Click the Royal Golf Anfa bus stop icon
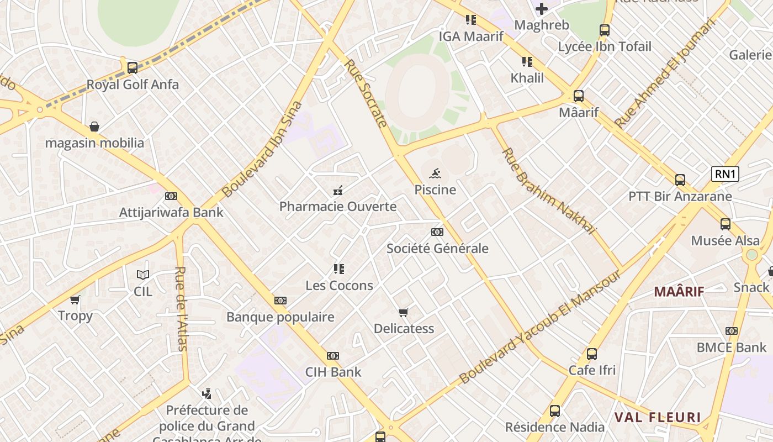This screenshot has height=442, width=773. pyautogui.click(x=133, y=68)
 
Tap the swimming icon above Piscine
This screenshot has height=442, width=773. pyautogui.click(x=436, y=173)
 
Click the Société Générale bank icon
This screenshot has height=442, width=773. pyautogui.click(x=437, y=232)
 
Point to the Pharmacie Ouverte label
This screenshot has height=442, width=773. pyautogui.click(x=338, y=207)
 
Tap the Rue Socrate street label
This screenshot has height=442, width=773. pyautogui.click(x=366, y=93)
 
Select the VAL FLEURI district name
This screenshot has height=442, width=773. pyautogui.click(x=658, y=417)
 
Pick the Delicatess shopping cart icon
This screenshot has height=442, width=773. pyautogui.click(x=404, y=313)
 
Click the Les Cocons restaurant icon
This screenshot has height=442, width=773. pyautogui.click(x=339, y=270)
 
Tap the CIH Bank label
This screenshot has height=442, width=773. pyautogui.click(x=333, y=372)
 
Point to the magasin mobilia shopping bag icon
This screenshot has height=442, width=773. pyautogui.click(x=94, y=127)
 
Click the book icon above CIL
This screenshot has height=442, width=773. pyautogui.click(x=143, y=275)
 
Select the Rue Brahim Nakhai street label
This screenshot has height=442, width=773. pyautogui.click(x=549, y=191)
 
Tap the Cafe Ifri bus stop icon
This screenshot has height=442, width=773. pyautogui.click(x=592, y=354)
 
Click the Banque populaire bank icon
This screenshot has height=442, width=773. pyautogui.click(x=280, y=301)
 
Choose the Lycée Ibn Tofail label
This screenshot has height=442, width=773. pyautogui.click(x=605, y=47)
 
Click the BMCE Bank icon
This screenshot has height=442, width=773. pyautogui.click(x=732, y=331)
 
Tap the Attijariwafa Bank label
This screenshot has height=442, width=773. pyautogui.click(x=171, y=212)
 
